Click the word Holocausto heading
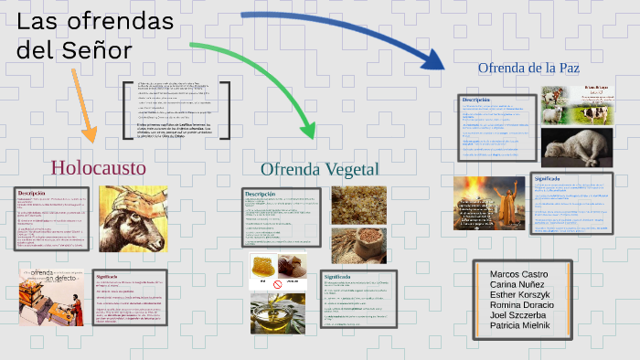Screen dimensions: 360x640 click(x=99, y=167)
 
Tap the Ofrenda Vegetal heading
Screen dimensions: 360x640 click(x=319, y=169)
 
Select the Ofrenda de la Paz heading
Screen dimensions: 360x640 click(x=528, y=68)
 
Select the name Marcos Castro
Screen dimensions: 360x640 click(x=519, y=274)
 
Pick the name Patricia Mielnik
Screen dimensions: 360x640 click(x=520, y=325)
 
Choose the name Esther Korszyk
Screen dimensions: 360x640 click(x=520, y=295)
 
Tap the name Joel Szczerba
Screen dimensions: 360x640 click(x=517, y=315)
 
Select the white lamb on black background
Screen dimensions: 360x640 click(x=576, y=146)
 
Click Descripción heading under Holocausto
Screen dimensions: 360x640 click(x=32, y=194)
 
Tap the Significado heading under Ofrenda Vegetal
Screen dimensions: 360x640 click(x=337, y=275)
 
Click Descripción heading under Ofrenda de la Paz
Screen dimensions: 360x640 click(x=476, y=99)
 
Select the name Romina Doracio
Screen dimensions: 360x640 click(x=522, y=305)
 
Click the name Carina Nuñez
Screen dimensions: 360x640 click(x=517, y=285)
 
